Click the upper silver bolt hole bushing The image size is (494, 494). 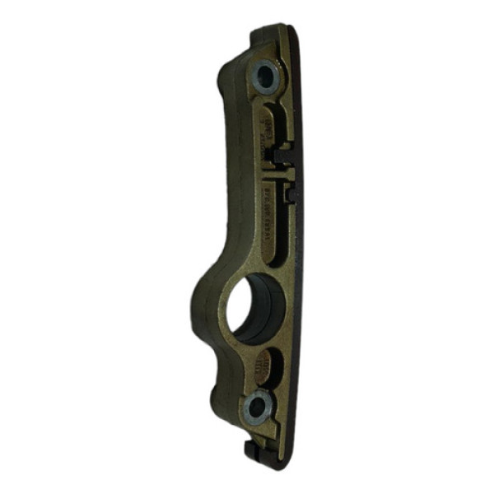tap(264, 78)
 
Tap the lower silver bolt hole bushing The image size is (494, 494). tap(258, 405)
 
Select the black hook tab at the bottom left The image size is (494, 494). tap(250, 449)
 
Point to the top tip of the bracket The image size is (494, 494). tap(277, 28)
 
